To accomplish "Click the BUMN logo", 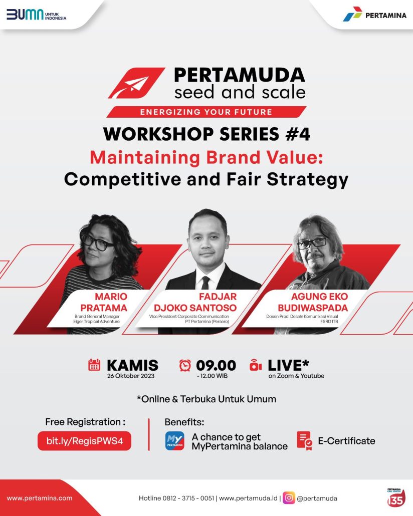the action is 36,15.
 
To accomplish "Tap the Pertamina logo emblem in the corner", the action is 352,14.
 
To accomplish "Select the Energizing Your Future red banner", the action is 207,112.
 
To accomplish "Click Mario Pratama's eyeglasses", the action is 98,242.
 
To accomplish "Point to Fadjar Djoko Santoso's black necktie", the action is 206,283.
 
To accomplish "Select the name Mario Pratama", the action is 104,302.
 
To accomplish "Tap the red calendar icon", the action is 94,365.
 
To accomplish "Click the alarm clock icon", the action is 185,365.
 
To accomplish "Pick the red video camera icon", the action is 256,365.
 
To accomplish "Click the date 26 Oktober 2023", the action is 131,376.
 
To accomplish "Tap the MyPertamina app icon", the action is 174,441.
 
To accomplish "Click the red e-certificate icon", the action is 304,441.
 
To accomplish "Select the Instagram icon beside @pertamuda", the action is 289,498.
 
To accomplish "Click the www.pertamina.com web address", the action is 40,498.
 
